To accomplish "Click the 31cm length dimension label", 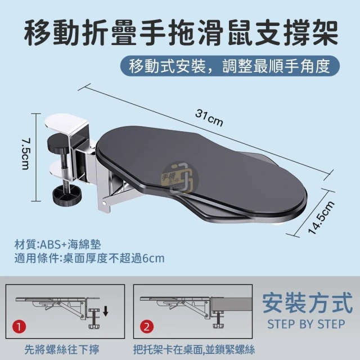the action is [209, 118].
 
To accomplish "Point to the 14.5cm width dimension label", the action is [321, 218].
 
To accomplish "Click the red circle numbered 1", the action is [19, 327].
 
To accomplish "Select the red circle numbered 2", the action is [147, 327].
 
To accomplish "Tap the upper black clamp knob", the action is [58, 142].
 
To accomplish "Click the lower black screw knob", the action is [67, 196].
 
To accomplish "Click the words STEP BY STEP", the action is [306, 324].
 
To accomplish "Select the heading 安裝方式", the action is [307, 303].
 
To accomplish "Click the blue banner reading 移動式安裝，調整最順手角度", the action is [230, 66].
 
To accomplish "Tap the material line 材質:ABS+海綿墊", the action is [57, 244].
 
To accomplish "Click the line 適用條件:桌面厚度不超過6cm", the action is [89, 258].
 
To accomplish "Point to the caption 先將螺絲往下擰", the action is [62, 349].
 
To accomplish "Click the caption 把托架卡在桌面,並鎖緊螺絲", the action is [194, 349].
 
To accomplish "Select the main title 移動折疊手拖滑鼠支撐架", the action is [181, 33].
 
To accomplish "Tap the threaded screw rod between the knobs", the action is [66, 168].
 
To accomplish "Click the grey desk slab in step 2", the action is [232, 304].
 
